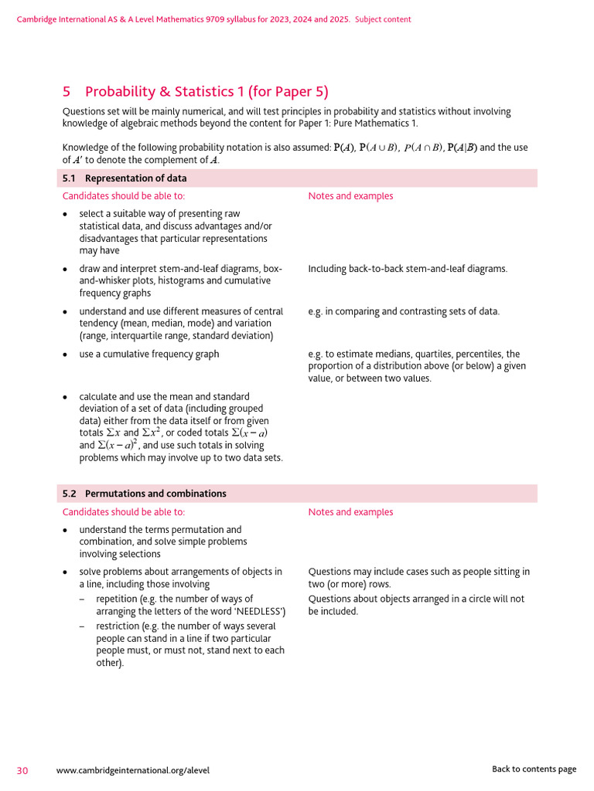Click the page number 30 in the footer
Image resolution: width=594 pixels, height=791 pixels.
click(23, 769)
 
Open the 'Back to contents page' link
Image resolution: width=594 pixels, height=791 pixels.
click(534, 769)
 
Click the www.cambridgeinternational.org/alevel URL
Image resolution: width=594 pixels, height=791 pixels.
click(133, 770)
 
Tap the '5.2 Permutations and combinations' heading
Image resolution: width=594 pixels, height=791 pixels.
click(144, 494)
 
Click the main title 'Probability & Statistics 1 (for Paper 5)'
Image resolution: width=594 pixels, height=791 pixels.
click(206, 92)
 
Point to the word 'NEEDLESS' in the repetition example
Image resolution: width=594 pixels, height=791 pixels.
click(260, 611)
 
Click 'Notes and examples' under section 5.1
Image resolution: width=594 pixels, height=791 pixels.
click(350, 196)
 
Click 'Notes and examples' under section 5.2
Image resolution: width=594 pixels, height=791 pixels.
click(350, 512)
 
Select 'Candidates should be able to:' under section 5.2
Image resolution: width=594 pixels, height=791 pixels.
click(124, 512)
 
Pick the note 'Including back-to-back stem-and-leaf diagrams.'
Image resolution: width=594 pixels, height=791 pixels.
click(408, 269)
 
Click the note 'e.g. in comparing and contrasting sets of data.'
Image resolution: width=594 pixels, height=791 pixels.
click(404, 311)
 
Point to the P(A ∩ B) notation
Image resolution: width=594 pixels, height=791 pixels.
click(423, 148)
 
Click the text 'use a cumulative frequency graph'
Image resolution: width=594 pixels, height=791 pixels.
click(149, 354)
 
